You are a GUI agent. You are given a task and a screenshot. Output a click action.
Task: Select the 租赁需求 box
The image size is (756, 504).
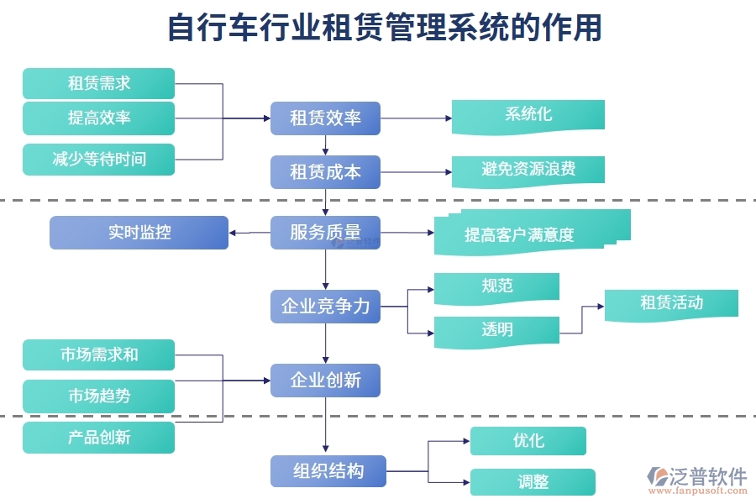98,84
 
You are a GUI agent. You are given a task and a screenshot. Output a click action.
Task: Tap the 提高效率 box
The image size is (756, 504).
98,118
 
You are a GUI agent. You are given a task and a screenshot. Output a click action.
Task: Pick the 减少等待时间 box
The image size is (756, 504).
98,160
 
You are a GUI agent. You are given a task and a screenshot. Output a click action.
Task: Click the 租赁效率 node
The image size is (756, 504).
325,118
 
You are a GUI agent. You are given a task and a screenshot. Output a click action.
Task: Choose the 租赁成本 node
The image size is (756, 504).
325,172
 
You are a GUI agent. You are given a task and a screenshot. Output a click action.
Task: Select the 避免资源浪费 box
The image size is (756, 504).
528,171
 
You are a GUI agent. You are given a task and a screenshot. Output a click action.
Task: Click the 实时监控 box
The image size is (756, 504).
139,233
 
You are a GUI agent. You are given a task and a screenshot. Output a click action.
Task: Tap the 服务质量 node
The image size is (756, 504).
325,233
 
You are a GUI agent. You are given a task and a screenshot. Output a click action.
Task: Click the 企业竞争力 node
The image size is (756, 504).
325,307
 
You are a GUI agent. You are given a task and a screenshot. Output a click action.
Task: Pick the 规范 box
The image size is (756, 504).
496,286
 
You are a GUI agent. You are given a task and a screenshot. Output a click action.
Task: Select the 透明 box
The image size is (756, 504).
496,330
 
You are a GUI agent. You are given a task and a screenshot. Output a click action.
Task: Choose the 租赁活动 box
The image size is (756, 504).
671,303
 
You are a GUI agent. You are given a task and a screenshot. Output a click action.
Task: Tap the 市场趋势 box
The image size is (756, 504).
98,396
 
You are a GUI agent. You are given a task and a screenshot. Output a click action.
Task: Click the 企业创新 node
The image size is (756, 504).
325,381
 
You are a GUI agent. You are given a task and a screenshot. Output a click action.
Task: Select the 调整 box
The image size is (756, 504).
533,482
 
